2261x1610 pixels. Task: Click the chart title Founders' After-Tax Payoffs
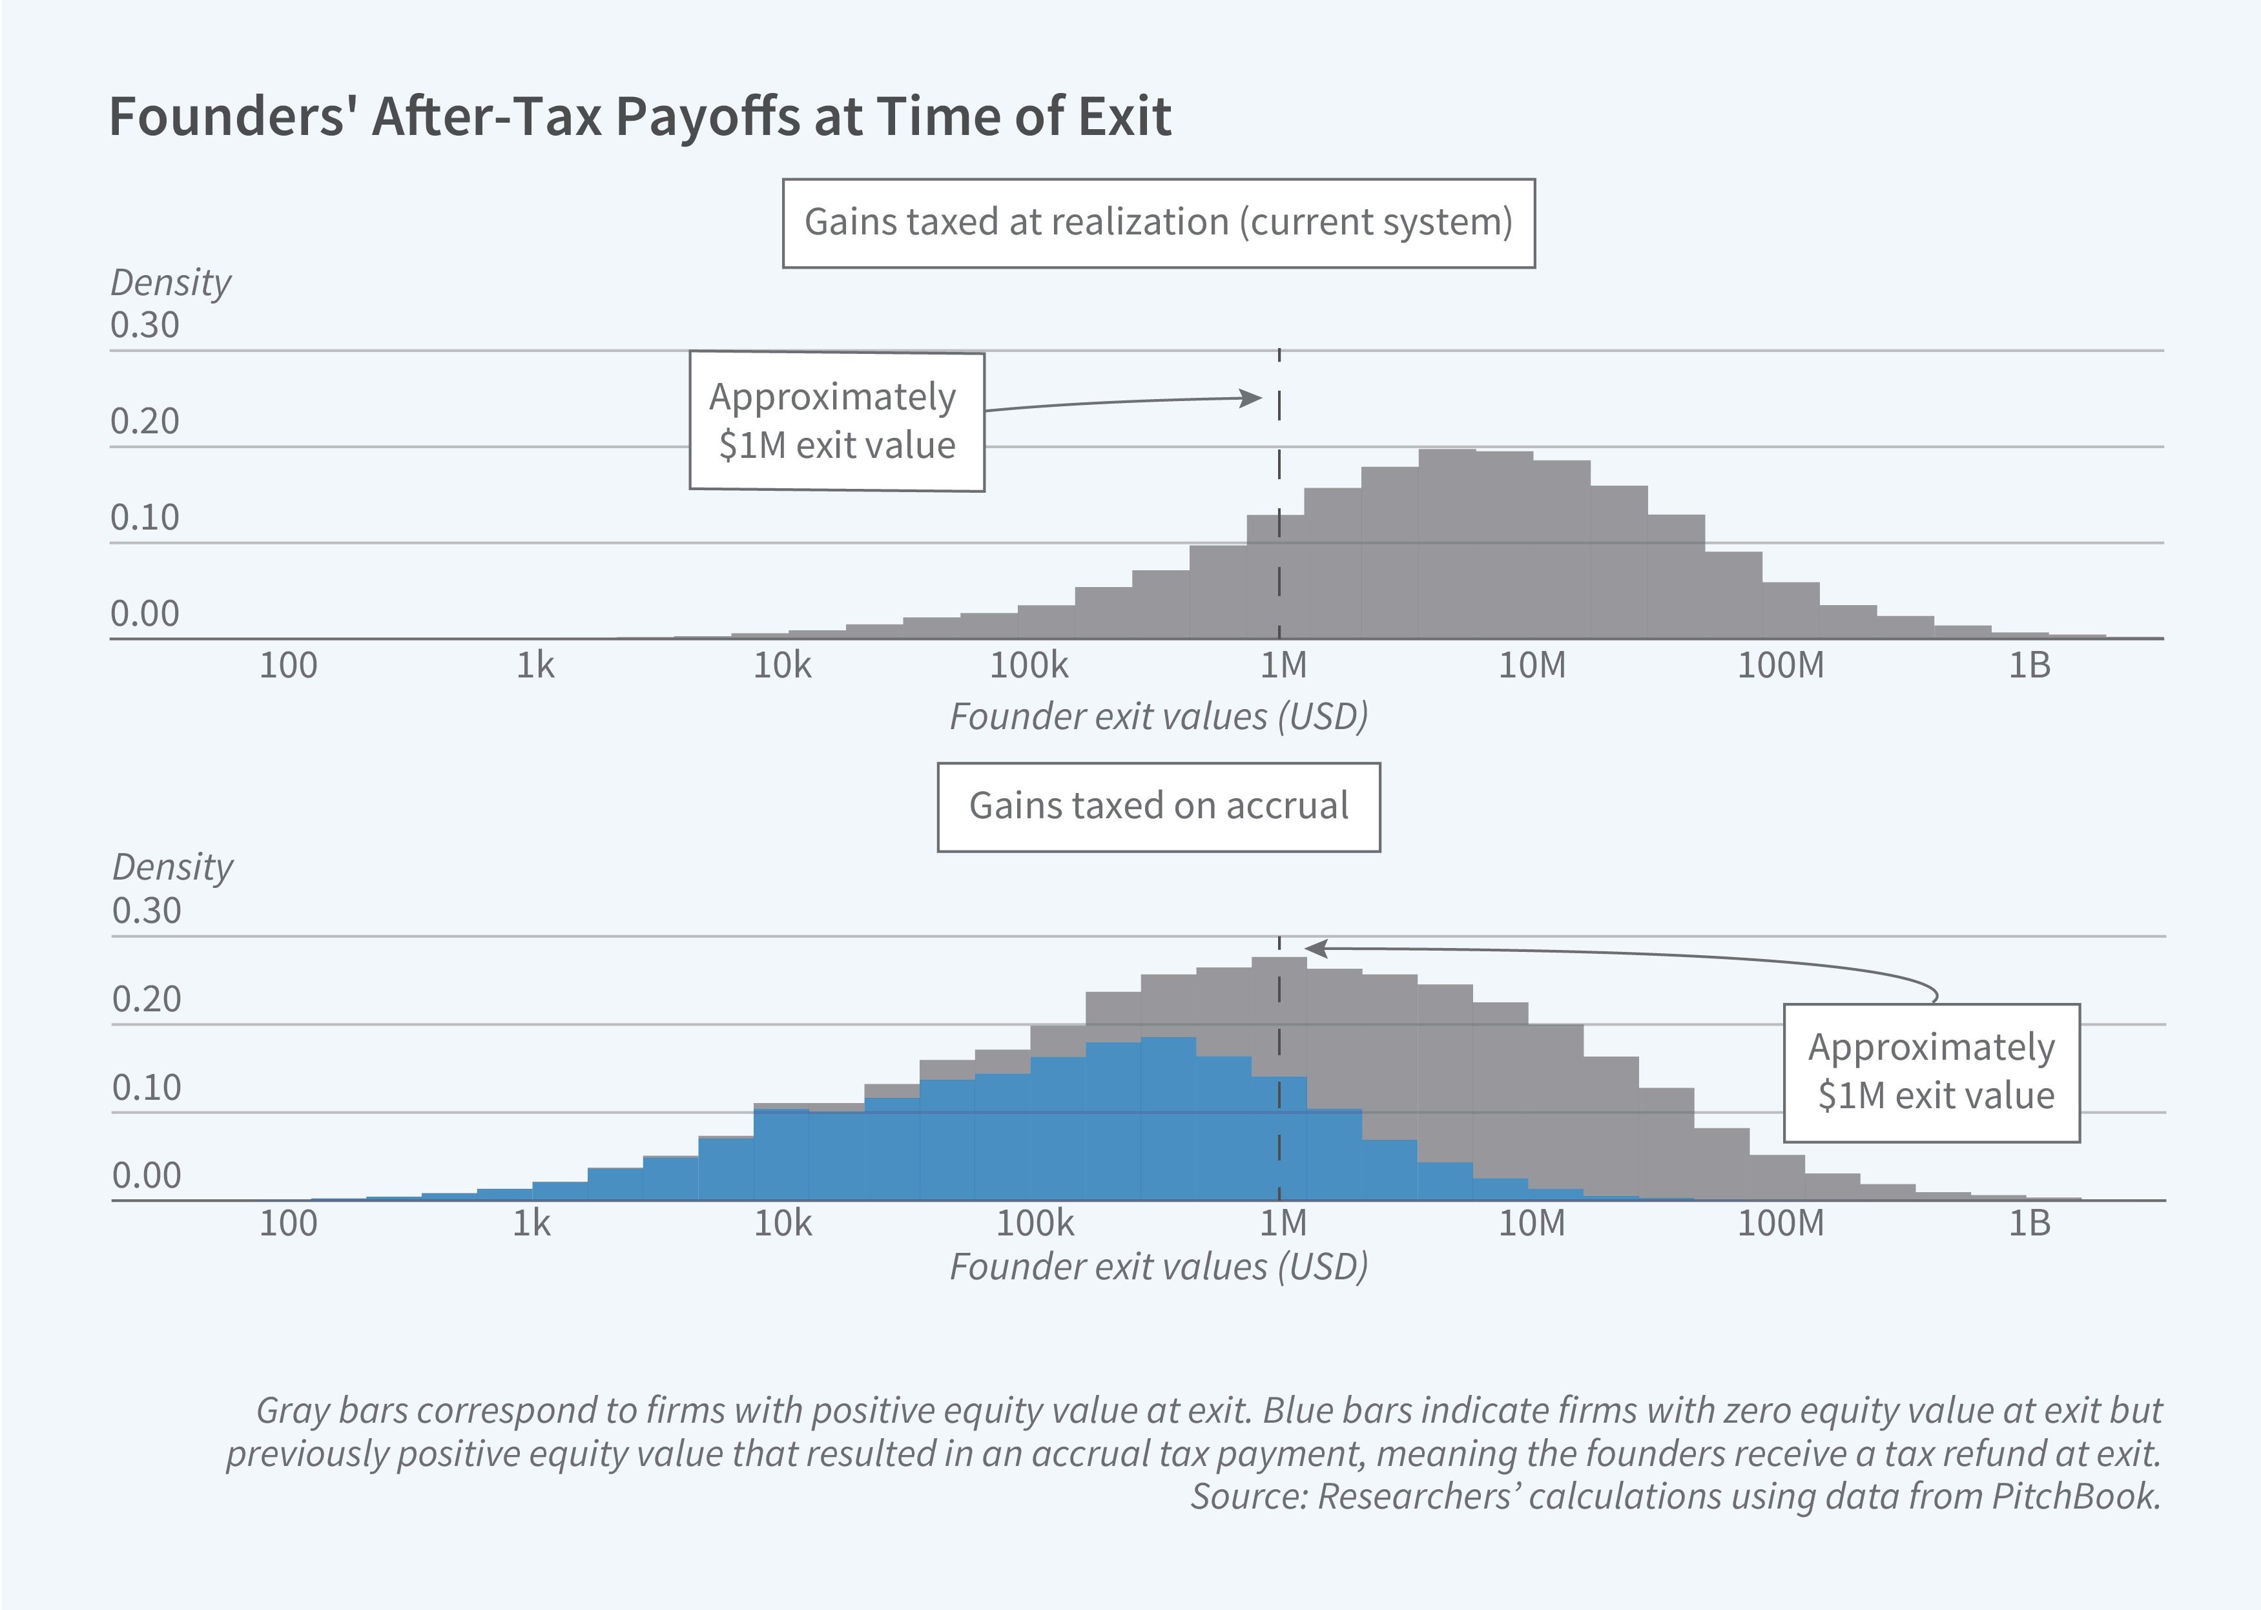pos(639,117)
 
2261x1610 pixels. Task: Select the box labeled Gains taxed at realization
pos(1158,223)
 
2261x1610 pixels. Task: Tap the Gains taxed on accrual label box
pos(1158,806)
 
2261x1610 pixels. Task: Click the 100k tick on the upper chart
pos(1029,665)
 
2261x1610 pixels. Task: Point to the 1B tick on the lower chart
pos(2028,1223)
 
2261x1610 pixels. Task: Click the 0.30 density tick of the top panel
pos(145,326)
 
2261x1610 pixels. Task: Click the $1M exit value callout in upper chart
pos(836,421)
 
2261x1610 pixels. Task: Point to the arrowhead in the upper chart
pos(1252,398)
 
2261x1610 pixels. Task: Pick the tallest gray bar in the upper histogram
pos(1447,543)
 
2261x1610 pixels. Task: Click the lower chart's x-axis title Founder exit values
pos(1158,1267)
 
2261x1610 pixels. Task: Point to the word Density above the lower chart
pos(172,867)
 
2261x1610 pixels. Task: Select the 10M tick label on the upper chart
pos(1531,665)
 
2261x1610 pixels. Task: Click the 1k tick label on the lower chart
pos(532,1223)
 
